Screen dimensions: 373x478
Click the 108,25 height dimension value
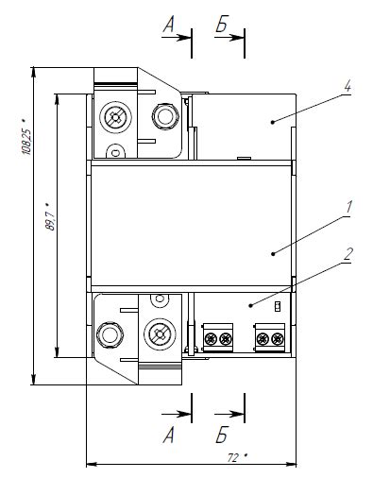pos(26,138)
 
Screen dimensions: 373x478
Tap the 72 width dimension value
pos(237,457)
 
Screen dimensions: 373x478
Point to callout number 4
pos(347,86)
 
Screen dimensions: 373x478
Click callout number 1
pos(348,208)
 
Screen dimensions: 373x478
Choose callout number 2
pos(348,254)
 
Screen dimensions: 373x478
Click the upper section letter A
pos(168,25)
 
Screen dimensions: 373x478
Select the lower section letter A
pos(168,435)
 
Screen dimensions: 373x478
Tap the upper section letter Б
pos(222,25)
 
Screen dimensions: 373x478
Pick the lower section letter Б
pos(222,435)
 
